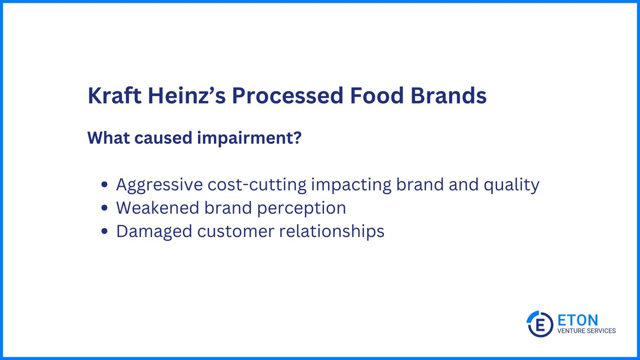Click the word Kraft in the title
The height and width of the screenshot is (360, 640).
[x=114, y=96]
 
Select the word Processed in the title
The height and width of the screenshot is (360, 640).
[x=288, y=96]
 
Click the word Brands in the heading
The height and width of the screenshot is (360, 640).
[x=448, y=96]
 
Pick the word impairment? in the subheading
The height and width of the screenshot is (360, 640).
[x=250, y=138]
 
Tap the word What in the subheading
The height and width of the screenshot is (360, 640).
[x=108, y=138]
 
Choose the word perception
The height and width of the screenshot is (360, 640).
[x=302, y=208]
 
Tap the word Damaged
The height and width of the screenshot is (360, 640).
[x=154, y=232]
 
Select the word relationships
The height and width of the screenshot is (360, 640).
[x=332, y=231]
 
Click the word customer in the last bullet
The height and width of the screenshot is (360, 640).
[x=236, y=232]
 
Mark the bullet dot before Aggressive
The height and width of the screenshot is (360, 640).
[x=104, y=184]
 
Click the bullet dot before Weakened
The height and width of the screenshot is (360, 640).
[x=104, y=208]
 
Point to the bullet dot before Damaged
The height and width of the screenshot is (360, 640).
[x=104, y=231]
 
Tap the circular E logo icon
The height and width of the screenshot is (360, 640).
[x=540, y=324]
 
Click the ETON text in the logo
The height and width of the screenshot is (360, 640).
[x=578, y=320]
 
